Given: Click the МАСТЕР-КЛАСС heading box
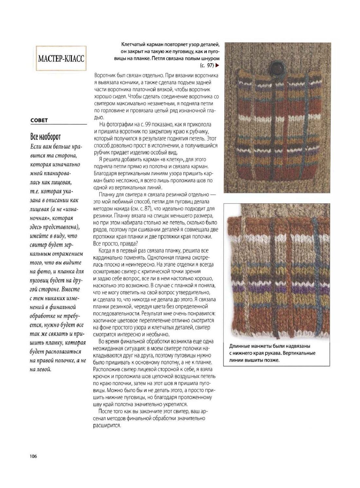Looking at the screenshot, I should [61, 59].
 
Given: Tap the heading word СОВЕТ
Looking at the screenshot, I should [39, 120].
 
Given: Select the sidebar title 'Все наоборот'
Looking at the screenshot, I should [45, 136].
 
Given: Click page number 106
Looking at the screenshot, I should [33, 456].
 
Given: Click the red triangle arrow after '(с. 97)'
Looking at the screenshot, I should [217, 65].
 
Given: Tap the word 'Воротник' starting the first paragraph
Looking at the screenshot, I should [104, 75].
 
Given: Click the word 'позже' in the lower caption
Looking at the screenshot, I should [273, 360].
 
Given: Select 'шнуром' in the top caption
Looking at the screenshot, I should [210, 58].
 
